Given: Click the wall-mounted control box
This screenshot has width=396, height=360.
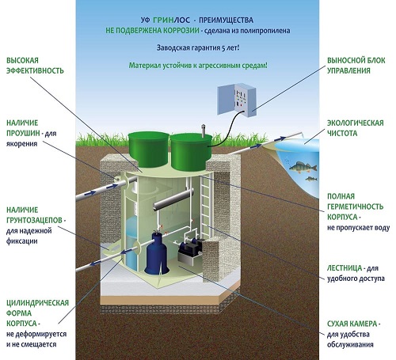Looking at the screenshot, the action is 237,100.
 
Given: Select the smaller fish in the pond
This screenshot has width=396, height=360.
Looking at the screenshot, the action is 311,179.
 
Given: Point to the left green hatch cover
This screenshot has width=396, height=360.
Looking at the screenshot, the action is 149,149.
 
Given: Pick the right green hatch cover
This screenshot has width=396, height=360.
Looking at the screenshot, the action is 191,151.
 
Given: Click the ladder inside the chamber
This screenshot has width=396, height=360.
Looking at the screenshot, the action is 207,206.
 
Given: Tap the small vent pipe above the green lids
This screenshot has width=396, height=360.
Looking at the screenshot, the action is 204,131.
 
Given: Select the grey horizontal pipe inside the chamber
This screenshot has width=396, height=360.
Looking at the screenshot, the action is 173,200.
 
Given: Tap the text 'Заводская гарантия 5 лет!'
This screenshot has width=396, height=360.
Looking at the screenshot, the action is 198,47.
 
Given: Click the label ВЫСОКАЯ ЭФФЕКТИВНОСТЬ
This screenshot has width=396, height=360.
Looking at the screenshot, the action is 35,66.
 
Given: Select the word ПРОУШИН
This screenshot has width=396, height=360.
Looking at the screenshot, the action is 23,133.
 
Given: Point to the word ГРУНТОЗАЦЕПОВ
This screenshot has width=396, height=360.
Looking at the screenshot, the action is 34,220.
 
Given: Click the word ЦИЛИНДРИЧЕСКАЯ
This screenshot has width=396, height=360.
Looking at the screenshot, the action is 37,302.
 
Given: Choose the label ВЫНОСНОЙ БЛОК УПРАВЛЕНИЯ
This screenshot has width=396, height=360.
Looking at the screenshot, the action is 356,66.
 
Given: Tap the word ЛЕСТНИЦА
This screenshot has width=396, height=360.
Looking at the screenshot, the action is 345,268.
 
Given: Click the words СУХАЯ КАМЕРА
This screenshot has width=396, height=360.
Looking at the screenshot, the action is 352,324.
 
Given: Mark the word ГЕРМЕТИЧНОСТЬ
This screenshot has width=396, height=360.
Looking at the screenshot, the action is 355,207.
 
